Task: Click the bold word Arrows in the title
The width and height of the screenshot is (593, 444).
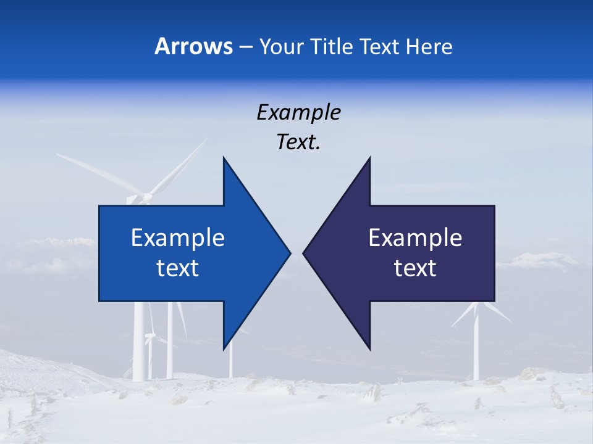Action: pos(193,46)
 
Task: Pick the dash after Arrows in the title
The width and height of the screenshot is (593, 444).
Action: pos(245,47)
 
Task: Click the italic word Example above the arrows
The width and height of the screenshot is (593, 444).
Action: pos(298,113)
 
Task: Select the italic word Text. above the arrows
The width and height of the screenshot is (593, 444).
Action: pos(298,142)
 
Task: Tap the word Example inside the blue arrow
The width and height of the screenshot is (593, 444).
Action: pos(178,238)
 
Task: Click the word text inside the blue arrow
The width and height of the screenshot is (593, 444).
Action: pos(178,268)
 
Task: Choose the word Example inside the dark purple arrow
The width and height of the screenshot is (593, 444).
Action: pos(415,238)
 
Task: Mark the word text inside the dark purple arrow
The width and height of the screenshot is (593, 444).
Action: pos(415,268)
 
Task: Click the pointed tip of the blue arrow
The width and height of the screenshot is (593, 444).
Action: pos(290,253)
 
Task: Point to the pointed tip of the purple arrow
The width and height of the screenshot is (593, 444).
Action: pos(303,253)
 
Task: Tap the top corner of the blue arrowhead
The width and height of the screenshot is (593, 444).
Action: pos(224,158)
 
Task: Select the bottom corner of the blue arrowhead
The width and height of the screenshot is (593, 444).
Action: pos(224,349)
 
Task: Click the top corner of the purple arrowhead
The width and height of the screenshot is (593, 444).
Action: pos(369,158)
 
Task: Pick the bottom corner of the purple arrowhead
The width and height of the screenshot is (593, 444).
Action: pos(369,349)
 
